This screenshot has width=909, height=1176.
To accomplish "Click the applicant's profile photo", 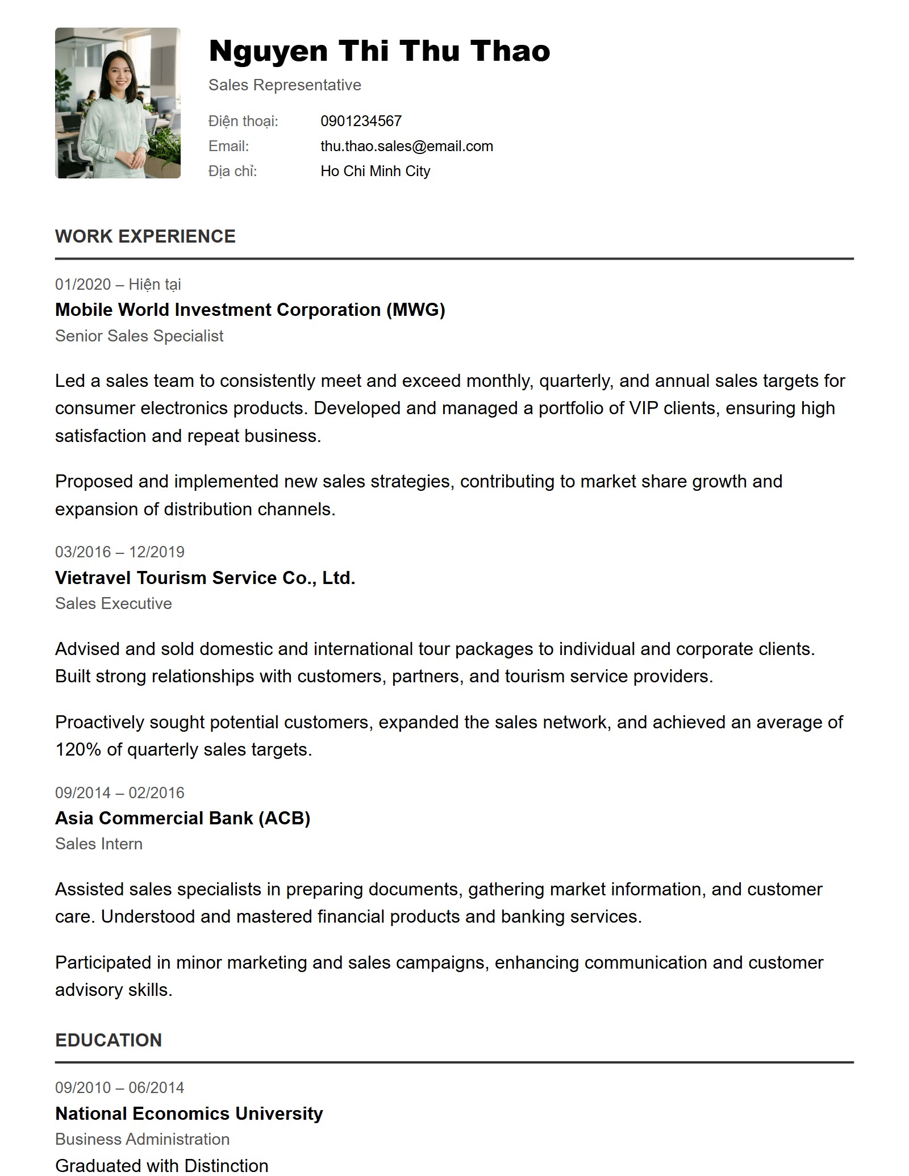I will [x=118, y=103].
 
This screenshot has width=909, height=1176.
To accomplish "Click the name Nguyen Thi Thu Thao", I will [x=379, y=51].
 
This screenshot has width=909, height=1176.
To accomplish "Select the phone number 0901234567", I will [x=361, y=121].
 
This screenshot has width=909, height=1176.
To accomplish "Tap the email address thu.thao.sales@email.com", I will [x=406, y=146].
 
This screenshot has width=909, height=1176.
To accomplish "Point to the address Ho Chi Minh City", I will [x=375, y=171].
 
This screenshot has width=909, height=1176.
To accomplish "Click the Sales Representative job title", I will [x=285, y=85].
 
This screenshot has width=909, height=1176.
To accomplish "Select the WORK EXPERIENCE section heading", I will [x=145, y=236].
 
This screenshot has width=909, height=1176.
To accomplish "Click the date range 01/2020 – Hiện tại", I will [x=118, y=284].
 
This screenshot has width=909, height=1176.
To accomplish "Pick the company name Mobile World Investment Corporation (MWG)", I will [x=250, y=310].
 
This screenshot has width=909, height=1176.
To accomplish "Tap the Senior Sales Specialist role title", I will [x=139, y=336].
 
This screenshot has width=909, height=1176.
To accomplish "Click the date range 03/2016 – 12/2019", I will [x=119, y=552].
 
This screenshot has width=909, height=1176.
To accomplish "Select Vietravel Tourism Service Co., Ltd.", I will [x=205, y=578].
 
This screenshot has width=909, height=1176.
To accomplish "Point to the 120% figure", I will [x=78, y=750].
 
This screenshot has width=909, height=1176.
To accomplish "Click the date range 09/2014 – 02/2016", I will [x=119, y=793].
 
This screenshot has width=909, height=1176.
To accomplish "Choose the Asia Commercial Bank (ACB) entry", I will [x=182, y=818].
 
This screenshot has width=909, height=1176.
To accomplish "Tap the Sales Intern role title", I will [x=99, y=844].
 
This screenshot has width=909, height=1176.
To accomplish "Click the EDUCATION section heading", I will [x=109, y=1040].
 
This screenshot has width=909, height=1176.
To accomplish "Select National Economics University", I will [x=189, y=1113].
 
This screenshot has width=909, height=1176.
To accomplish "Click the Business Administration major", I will [x=142, y=1139].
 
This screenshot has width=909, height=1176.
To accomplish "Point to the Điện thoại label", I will [x=243, y=121].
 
